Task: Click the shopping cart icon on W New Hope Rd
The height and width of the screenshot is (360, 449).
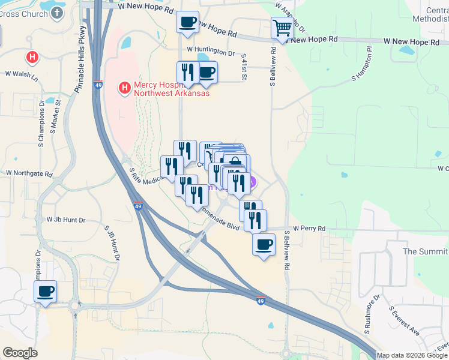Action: [x=282, y=28]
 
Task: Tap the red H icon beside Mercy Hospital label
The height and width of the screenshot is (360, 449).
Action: [x=125, y=88]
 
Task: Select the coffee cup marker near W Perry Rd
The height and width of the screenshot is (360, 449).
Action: [x=263, y=244]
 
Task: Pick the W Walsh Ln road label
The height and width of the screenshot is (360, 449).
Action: [x=21, y=76]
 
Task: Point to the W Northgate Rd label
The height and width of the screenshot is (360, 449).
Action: [x=29, y=173]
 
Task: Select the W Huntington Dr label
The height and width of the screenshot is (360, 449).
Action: [x=210, y=53]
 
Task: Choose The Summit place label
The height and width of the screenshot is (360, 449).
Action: [x=425, y=251]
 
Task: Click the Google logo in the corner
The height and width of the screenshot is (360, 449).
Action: [x=20, y=353]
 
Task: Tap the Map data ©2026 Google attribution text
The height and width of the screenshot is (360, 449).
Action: [x=412, y=355]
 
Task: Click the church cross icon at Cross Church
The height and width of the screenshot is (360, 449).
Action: [x=57, y=13]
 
